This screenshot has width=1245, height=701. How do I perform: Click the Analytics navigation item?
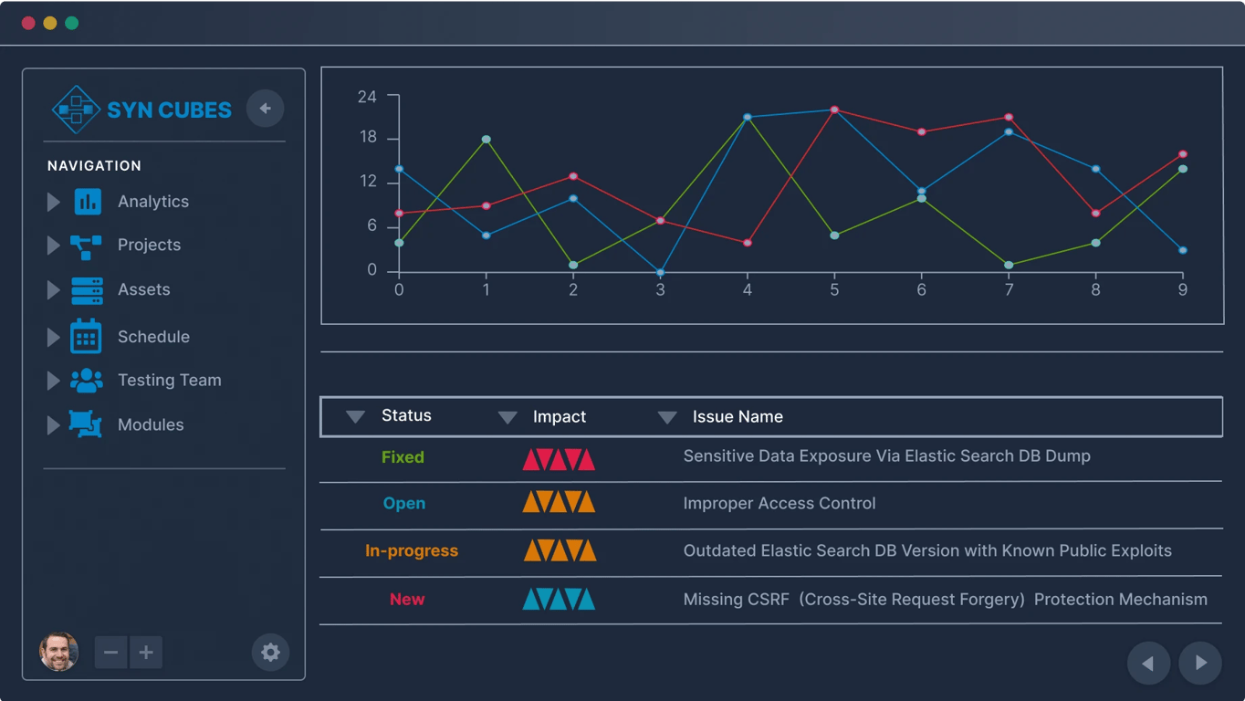(x=152, y=202)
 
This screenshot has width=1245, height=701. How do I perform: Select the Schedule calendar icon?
(x=86, y=337)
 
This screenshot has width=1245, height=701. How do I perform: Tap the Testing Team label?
(x=169, y=381)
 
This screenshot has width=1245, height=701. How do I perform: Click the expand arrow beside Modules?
(x=53, y=425)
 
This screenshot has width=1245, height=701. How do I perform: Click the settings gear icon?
(x=270, y=653)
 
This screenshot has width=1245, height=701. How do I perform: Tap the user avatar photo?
(x=58, y=653)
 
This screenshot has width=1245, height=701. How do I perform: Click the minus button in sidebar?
(x=111, y=653)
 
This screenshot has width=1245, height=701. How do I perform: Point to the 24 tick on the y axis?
(x=367, y=97)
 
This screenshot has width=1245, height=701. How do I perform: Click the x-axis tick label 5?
(x=834, y=290)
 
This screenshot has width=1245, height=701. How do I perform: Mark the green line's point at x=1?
(x=486, y=140)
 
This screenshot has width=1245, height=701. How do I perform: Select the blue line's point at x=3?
(x=660, y=273)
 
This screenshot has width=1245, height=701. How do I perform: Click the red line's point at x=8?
(x=1096, y=214)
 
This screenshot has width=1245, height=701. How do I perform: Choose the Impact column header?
(x=559, y=417)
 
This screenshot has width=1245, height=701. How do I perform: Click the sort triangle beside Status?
(x=355, y=417)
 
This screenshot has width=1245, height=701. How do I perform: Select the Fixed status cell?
(x=403, y=457)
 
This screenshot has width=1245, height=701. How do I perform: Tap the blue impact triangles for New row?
(x=559, y=600)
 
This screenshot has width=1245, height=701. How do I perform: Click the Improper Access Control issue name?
(x=779, y=504)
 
